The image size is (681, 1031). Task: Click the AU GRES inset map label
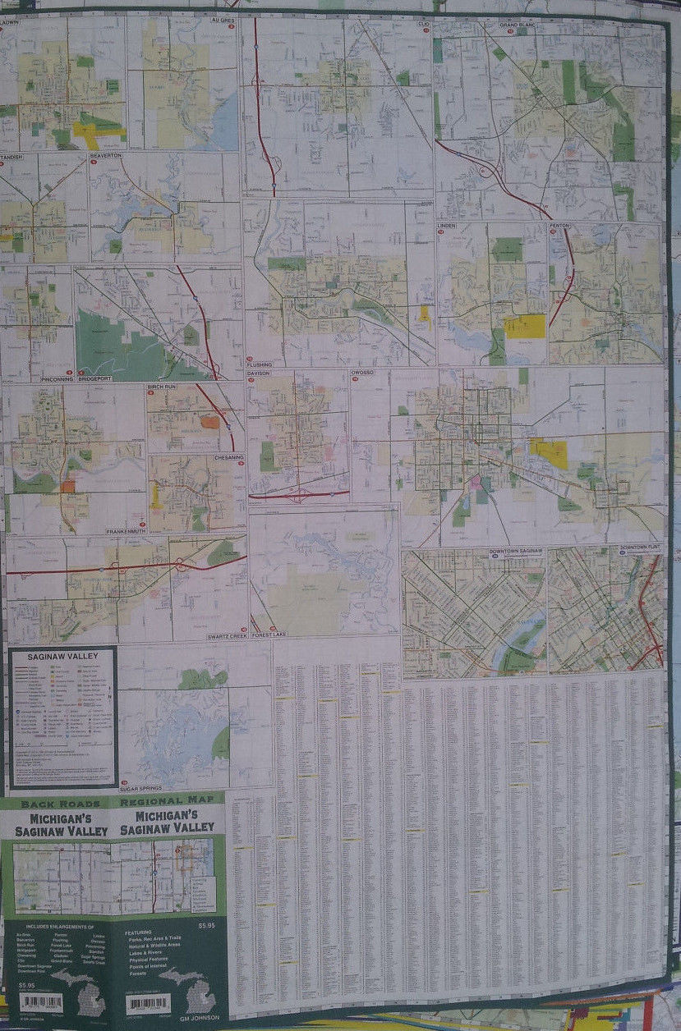click(223, 19)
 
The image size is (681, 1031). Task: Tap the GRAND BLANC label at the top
click(518, 25)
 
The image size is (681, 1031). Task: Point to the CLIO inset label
click(423, 24)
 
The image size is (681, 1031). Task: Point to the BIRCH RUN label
click(163, 387)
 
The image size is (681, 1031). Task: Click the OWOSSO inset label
click(362, 373)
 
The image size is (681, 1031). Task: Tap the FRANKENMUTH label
click(126, 532)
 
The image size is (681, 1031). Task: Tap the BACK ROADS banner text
click(61, 804)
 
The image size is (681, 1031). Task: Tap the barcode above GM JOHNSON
click(148, 1003)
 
